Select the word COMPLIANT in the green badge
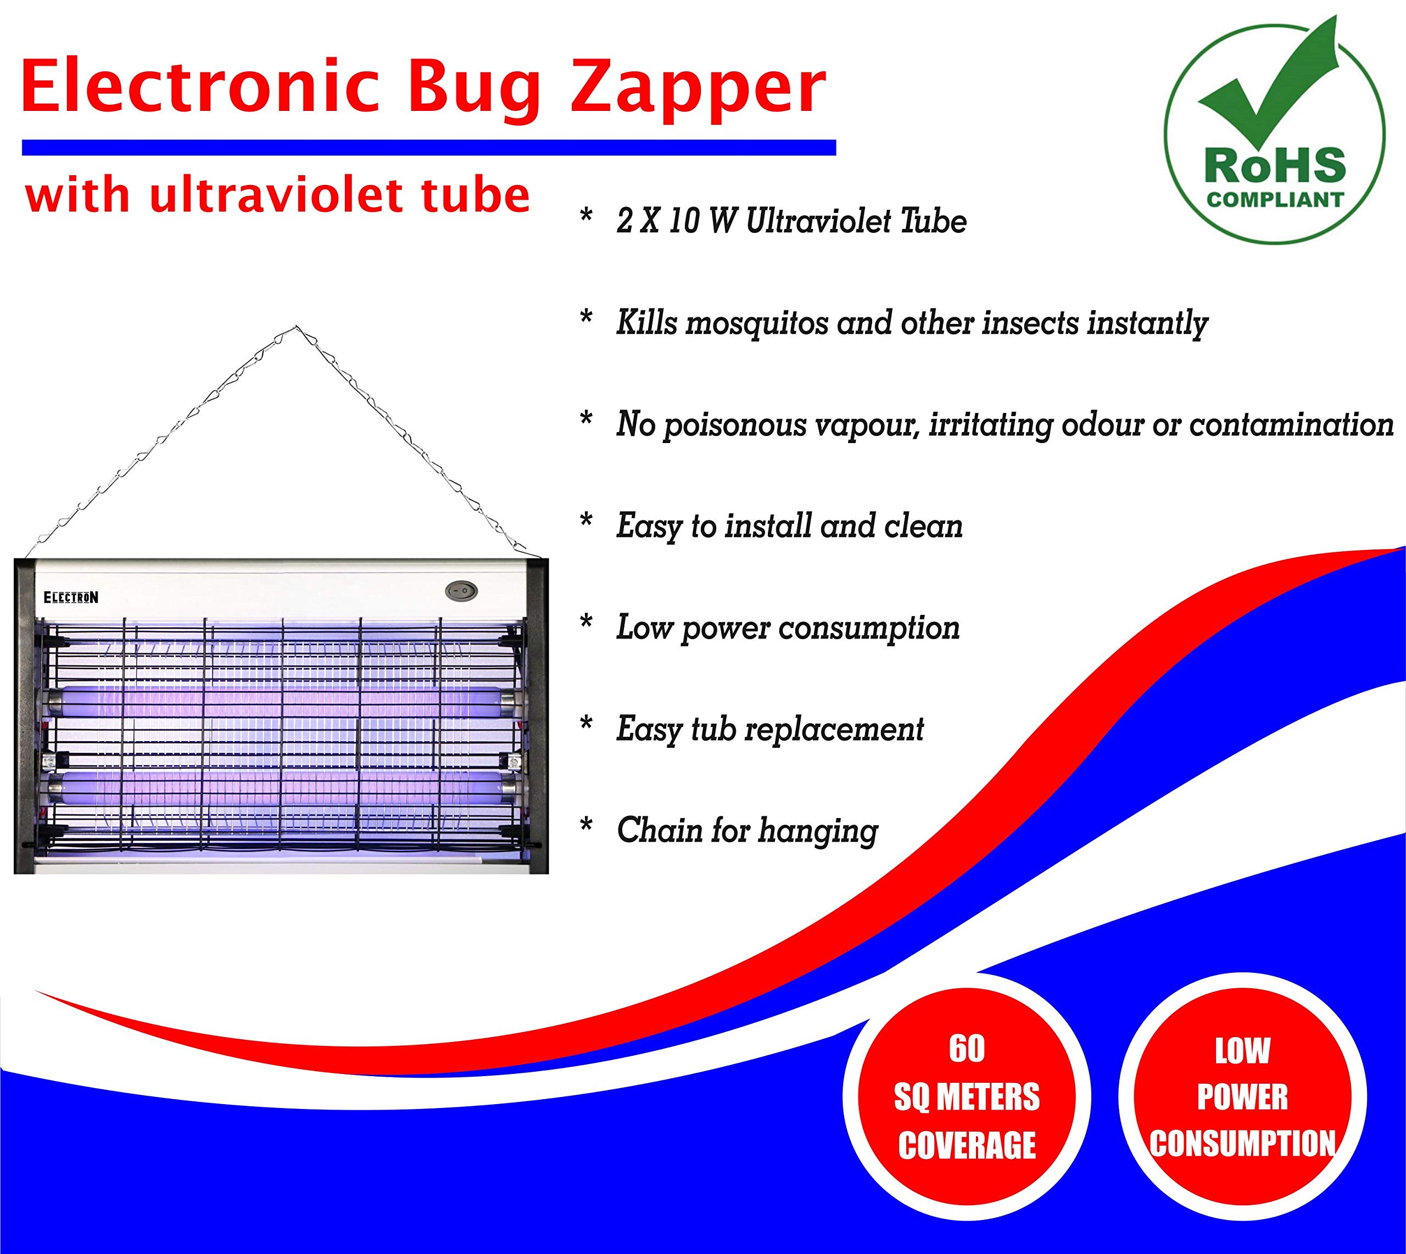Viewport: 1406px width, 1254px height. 1275,200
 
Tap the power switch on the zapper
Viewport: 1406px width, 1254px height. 461,590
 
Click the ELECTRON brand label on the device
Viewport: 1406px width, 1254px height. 71,597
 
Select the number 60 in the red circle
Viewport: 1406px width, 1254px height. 967,1049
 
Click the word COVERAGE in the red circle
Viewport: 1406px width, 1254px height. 967,1145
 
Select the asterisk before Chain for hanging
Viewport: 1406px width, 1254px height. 587,826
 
